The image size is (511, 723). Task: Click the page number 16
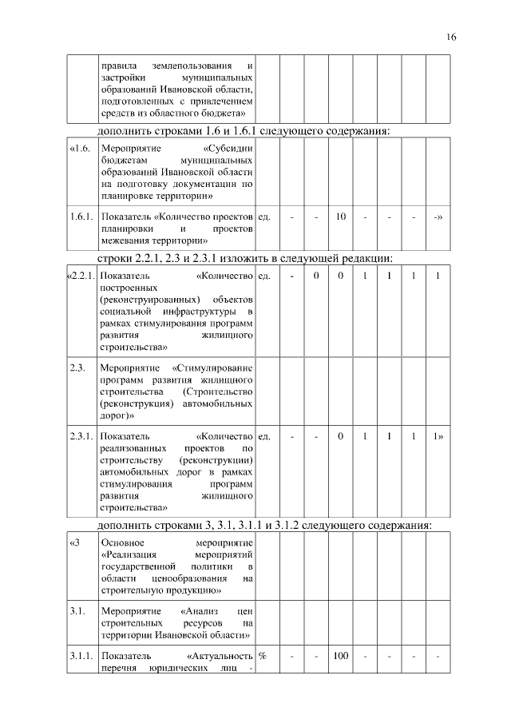(x=451, y=38)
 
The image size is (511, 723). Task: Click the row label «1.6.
(x=80, y=149)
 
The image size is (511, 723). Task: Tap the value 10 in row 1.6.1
(x=341, y=217)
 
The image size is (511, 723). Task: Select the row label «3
(x=75, y=544)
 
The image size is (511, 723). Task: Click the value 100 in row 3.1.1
(x=341, y=656)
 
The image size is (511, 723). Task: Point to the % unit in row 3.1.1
(x=262, y=656)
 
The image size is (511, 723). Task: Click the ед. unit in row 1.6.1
(x=264, y=217)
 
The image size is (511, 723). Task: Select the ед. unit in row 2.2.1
(x=264, y=276)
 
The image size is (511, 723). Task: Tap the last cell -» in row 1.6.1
(x=438, y=217)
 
